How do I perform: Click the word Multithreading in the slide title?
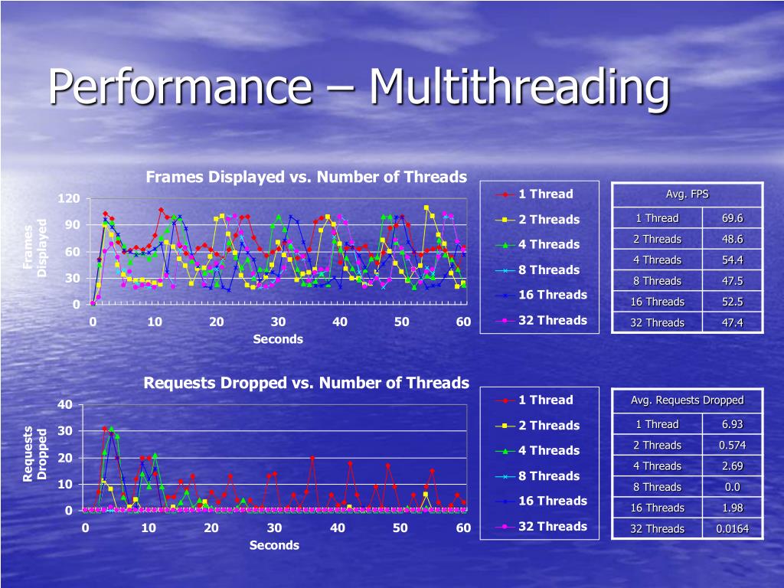[x=518, y=88]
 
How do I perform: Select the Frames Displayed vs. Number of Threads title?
[x=306, y=177]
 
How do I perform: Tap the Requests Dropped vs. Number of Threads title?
[x=306, y=382]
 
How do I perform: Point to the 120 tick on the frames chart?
[x=69, y=199]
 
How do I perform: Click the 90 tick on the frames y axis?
[x=72, y=225]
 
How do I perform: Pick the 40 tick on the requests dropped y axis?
[x=65, y=404]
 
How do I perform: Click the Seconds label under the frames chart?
[x=278, y=338]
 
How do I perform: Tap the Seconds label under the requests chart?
[x=274, y=544]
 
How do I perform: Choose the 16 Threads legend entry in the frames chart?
[x=552, y=295]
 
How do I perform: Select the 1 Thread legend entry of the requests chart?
[x=545, y=400]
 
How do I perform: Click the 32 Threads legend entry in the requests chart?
[x=552, y=526]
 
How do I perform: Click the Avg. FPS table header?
[x=687, y=194]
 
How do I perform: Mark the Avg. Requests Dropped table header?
[x=687, y=400]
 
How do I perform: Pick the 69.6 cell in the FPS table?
[x=732, y=218]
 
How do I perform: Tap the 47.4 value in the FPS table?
[x=732, y=322]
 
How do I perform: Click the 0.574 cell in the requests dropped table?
[x=732, y=445]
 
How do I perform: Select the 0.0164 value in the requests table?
[x=732, y=528]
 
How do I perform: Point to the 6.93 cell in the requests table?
[x=732, y=424]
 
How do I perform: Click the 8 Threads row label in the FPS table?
[x=657, y=281]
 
